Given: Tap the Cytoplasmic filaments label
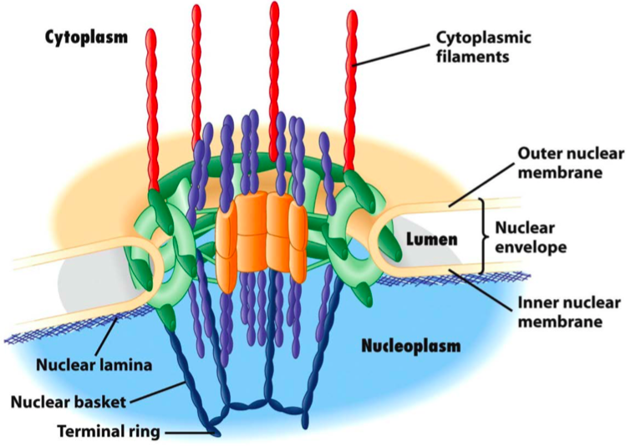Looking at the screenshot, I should click(484, 48).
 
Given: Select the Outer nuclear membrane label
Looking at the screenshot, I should click(559, 164).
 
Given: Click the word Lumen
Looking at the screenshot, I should click(431, 240).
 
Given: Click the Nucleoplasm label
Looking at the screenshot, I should click(410, 345).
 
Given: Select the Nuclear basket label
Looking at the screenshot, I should click(69, 402).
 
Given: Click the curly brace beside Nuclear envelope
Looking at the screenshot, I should click(484, 237).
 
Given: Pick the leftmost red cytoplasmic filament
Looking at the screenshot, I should click(151, 109).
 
